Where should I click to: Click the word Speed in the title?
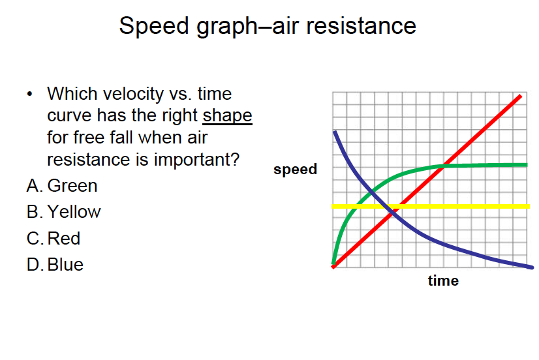coord(154,26)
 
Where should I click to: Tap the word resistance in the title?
coord(361,25)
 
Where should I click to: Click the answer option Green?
coord(72,185)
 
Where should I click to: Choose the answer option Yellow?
coord(74,211)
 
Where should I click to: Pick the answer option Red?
coord(63,239)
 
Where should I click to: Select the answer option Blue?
coord(65,265)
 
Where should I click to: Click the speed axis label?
coord(296,170)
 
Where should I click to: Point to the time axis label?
coord(443,280)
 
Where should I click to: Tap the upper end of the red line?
coord(521,96)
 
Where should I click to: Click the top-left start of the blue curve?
coord(335,132)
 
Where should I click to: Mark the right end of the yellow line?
coord(529,207)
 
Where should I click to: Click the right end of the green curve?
coord(527,165)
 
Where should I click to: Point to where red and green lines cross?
coord(444,166)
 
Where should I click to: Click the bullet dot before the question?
coord(29,94)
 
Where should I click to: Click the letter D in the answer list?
coord(34,265)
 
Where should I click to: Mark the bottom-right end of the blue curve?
coord(532,267)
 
